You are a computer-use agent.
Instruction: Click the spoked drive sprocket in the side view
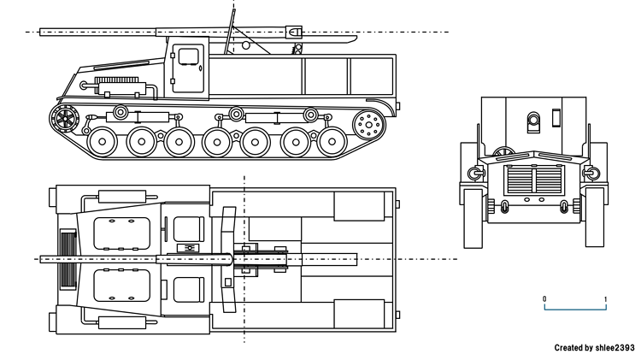(x=64, y=120)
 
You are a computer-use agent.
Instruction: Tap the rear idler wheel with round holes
(x=369, y=125)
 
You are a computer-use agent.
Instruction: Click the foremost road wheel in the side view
(x=103, y=141)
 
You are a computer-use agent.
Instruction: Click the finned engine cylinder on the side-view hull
(x=120, y=86)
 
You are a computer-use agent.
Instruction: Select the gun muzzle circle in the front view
(x=534, y=120)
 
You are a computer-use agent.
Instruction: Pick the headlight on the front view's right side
(x=589, y=173)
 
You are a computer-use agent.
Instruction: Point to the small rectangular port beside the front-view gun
(x=556, y=119)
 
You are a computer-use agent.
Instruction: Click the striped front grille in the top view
(x=66, y=258)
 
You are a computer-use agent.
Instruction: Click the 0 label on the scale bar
(x=544, y=298)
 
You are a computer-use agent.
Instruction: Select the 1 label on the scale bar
(x=606, y=298)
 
